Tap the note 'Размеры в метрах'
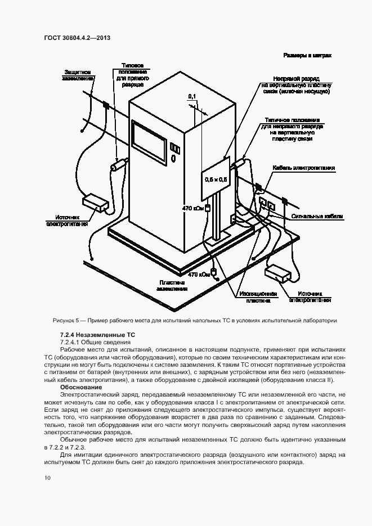click(x=307, y=56)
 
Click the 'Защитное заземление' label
click(x=79, y=75)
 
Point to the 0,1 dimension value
click(x=192, y=97)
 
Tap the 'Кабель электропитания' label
click(x=304, y=168)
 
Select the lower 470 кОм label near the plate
click(x=199, y=275)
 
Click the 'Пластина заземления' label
click(x=173, y=285)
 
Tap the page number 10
click(x=47, y=478)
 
